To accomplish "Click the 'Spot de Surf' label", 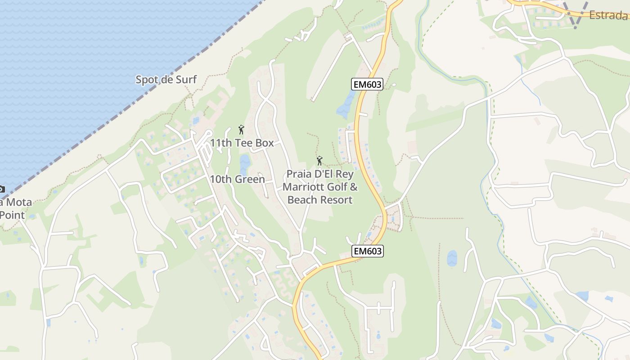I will (x=166, y=80).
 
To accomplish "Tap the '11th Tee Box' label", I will (x=242, y=143).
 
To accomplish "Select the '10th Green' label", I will (x=237, y=179).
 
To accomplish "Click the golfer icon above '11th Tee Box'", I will (x=241, y=130).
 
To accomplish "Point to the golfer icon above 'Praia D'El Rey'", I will (x=319, y=161).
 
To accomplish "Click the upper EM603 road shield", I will (x=367, y=84).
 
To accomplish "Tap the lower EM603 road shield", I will (x=368, y=251).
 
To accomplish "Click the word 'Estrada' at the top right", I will (x=608, y=15).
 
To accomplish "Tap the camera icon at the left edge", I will (x=1, y=189).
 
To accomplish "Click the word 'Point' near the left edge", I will (x=12, y=215).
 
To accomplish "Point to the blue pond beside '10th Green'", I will (x=245, y=164).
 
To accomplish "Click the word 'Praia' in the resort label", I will (x=300, y=174).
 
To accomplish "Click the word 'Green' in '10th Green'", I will (x=249, y=179).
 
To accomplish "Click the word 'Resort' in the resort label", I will (x=337, y=200).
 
